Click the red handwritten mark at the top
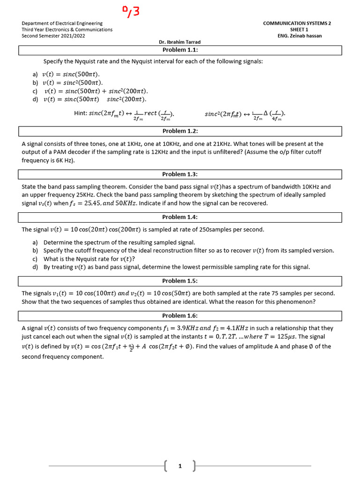pos(131,11)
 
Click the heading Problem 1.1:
pos(180,50)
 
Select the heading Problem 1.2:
pos(180,131)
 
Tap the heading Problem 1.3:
pos(180,174)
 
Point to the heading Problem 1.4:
pos(180,217)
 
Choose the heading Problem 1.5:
pos(180,281)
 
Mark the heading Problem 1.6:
pos(180,315)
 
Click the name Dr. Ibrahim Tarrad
pos(180,42)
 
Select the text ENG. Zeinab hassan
pos(300,36)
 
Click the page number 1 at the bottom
pos(180,466)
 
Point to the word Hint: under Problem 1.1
pos(81,113)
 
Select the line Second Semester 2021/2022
pos(53,36)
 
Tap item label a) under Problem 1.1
pos(35,74)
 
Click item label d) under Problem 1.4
pos(35,267)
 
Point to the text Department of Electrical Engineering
pos(62,23)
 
